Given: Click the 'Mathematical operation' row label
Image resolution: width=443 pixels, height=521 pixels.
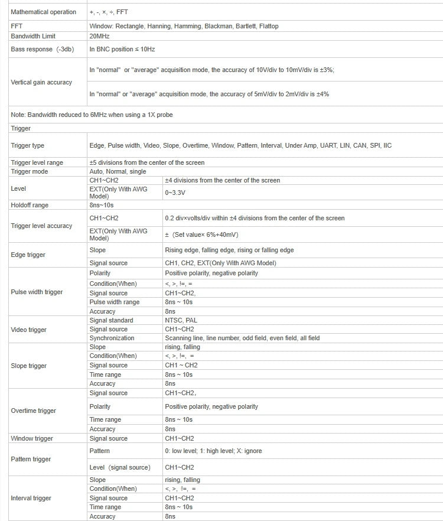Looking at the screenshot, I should coord(44,12).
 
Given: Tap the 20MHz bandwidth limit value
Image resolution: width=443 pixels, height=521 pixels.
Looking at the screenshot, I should coord(100,36).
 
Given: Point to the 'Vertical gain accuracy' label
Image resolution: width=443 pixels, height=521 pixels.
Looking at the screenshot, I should coord(41,82).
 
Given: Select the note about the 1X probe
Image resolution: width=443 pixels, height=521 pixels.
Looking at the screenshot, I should coord(92,115).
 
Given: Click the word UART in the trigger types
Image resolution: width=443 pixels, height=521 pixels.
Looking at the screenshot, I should coord(329,145).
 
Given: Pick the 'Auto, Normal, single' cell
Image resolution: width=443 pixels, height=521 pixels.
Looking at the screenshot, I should coord(118,171).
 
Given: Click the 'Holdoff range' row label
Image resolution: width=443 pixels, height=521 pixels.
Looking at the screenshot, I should coord(30,205).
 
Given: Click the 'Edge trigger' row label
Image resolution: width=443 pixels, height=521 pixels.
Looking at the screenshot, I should coord(28,255).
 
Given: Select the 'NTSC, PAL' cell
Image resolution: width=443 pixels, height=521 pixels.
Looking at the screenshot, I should coord(181,320).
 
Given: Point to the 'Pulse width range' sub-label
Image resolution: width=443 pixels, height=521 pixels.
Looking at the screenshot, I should coord(115,302).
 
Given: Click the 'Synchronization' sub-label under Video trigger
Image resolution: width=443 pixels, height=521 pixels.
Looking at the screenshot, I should coord(112,338).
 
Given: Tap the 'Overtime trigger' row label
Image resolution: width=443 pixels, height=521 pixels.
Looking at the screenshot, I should coord(34,411).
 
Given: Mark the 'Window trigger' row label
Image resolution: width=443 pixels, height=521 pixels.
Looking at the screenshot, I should coord(32,438).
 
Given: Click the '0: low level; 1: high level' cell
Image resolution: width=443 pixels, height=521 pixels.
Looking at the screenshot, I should coord(213,451).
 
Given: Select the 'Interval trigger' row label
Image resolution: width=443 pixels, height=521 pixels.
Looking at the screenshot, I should coord(31,498).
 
